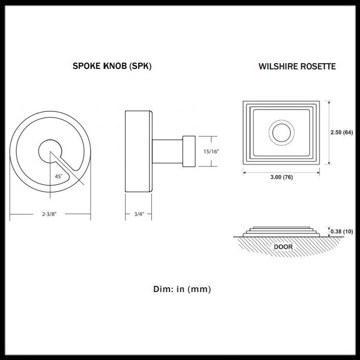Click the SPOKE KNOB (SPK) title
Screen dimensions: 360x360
tap(112, 66)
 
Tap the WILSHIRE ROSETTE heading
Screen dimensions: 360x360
tap(297, 67)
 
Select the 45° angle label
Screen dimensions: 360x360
tap(59, 177)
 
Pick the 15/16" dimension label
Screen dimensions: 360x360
tap(212, 151)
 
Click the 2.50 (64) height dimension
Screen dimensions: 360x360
tap(342, 133)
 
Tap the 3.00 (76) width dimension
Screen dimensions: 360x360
tap(281, 177)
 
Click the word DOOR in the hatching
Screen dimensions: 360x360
tap(283, 247)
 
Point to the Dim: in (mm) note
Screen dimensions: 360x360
tap(182, 289)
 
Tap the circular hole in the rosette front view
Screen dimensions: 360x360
tap(280, 133)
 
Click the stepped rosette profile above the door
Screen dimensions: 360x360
tap(280, 230)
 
